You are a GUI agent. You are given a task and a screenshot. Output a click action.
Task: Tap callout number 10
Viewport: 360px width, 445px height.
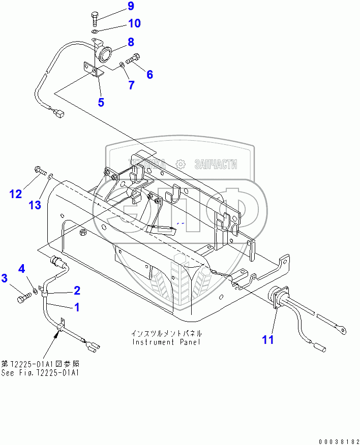pyautogui.click(x=134, y=23)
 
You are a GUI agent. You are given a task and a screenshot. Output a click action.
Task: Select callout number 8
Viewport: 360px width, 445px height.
pyautogui.click(x=131, y=42)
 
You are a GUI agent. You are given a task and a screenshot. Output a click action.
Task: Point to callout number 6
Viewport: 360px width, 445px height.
pyautogui.click(x=149, y=75)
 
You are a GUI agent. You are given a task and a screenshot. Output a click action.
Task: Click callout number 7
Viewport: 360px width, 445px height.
pyautogui.click(x=131, y=85)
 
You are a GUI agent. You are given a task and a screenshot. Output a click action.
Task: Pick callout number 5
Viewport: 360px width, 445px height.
pyautogui.click(x=101, y=102)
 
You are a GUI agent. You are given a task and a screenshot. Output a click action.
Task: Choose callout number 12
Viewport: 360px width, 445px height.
pyautogui.click(x=16, y=193)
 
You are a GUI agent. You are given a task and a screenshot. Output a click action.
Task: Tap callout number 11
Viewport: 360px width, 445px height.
pyautogui.click(x=267, y=339)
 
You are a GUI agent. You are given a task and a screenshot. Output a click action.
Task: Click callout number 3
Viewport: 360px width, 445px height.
pyautogui.click(x=4, y=278)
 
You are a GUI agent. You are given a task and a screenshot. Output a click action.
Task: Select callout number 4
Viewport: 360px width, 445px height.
pyautogui.click(x=22, y=268)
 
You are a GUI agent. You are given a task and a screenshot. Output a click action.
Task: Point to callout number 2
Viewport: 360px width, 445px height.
pyautogui.click(x=77, y=290)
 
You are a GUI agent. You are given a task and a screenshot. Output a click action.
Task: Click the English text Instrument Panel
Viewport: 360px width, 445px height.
pyautogui.click(x=166, y=342)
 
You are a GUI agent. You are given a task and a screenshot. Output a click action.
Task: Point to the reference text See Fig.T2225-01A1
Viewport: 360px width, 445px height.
pyautogui.click(x=40, y=372)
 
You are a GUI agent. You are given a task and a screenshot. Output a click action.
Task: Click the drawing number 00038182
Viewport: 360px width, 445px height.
pyautogui.click(x=336, y=439)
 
